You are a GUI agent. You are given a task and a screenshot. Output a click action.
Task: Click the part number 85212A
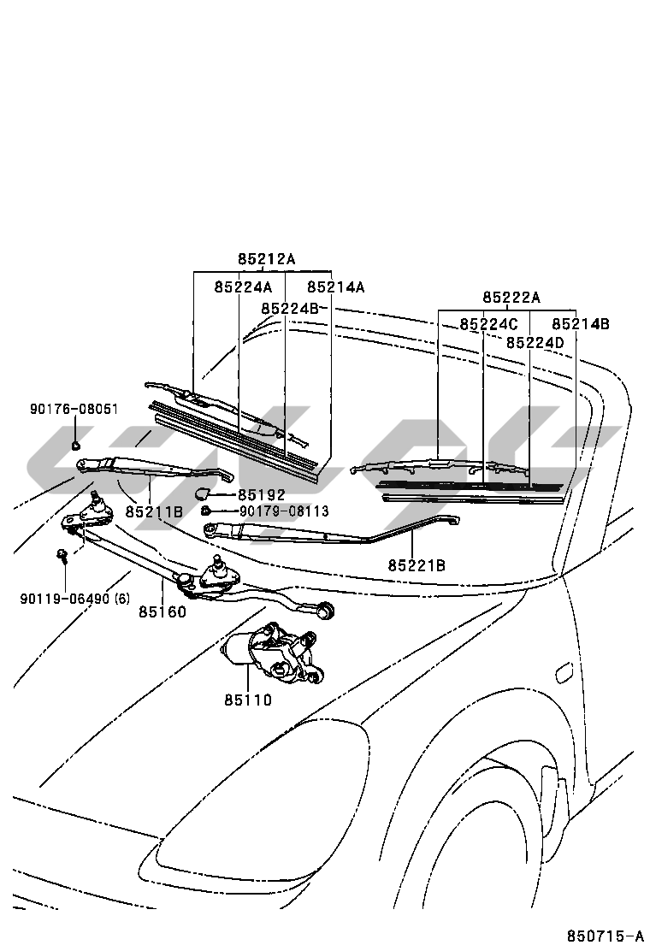coord(266,259)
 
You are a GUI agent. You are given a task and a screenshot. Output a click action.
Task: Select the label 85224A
coord(243,287)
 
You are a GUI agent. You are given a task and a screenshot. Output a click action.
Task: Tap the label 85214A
coord(336,287)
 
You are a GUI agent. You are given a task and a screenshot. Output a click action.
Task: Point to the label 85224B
coord(290,308)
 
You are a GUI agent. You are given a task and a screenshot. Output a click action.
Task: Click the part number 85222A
coord(511,298)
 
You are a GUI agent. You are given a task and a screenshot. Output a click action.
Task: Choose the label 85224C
coord(488,324)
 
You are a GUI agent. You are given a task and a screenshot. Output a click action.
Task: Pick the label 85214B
coord(581,324)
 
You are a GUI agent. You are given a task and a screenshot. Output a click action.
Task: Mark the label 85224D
coord(535,342)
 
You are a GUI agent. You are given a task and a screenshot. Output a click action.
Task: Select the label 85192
coord(262,495)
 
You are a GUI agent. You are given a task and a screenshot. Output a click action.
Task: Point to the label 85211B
coord(154,511)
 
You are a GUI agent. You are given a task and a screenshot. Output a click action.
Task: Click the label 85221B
coord(417,564)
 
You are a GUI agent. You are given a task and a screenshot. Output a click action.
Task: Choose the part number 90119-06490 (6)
coord(75,599)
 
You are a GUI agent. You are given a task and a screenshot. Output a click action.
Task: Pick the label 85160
coord(162,612)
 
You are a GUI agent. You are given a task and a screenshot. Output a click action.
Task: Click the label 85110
coord(248,700)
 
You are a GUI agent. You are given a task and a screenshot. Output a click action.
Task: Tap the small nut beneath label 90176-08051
coord(76,445)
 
